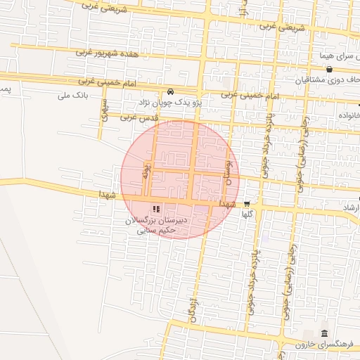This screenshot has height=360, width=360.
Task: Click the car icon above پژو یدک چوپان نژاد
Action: pos(171,92)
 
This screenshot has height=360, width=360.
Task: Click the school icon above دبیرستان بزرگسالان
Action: pos(155,209)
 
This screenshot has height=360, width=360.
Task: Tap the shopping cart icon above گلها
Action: pos(246,204)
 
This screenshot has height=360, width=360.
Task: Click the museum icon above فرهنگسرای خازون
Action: pos(323,333)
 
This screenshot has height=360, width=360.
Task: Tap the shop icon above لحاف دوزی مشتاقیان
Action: pos(329,69)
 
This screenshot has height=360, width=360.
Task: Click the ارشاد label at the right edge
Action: pos(349,209)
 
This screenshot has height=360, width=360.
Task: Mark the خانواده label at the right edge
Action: pos(349,115)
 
